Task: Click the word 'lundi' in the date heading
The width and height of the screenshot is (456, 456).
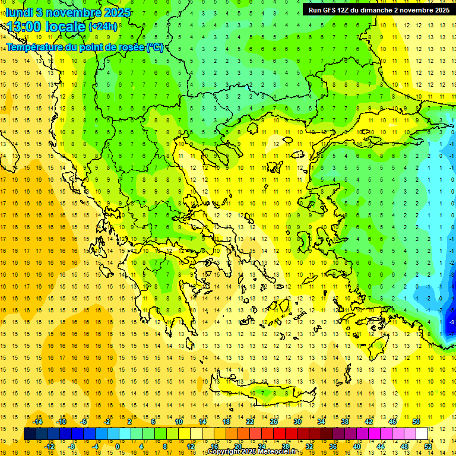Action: [x=20, y=12]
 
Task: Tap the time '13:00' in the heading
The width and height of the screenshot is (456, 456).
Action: [x=24, y=27]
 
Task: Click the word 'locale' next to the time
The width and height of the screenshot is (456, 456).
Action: [x=65, y=27]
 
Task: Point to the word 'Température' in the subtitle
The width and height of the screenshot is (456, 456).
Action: [x=35, y=47]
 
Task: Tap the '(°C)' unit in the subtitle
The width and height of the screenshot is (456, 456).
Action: [x=154, y=47]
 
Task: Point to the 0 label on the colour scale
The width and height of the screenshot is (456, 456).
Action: [x=118, y=446]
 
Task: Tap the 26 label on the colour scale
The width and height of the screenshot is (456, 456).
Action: [x=274, y=422]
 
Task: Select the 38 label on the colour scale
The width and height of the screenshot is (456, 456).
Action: [x=344, y=422]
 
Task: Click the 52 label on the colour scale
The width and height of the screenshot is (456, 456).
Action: [x=429, y=446]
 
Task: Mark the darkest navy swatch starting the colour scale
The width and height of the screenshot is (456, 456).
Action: [x=30, y=434]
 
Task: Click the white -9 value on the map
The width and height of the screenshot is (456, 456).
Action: [x=452, y=322]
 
